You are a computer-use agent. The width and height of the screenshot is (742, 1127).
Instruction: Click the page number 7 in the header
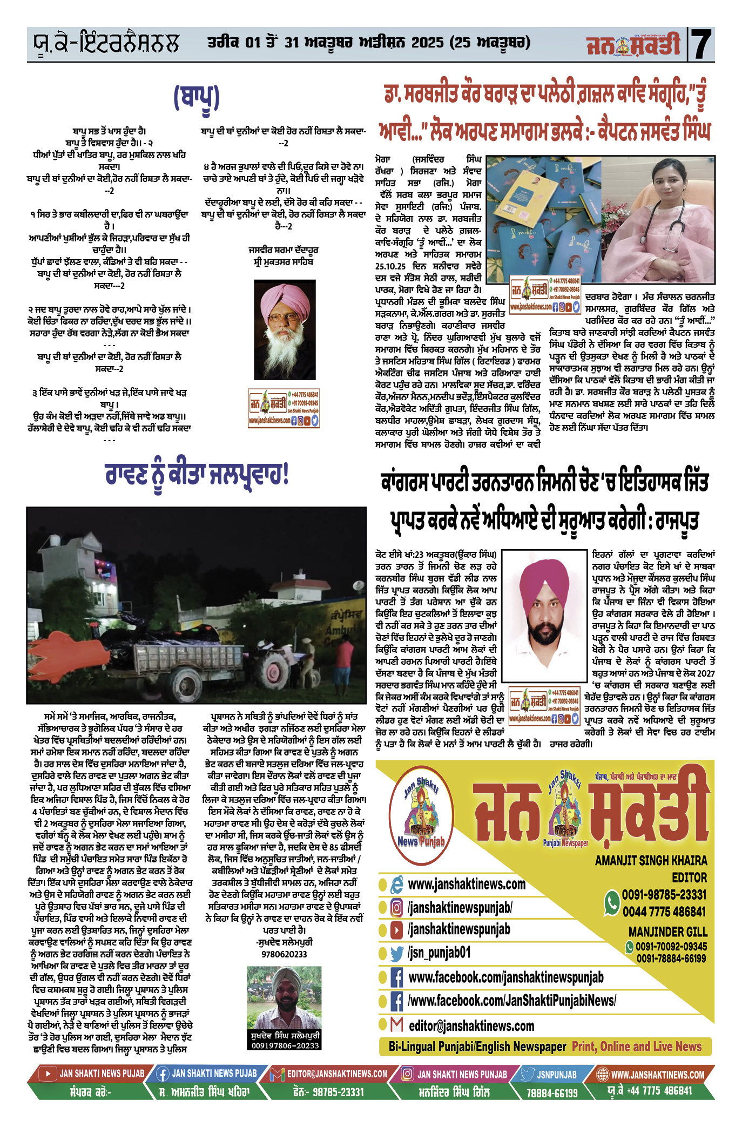701,44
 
